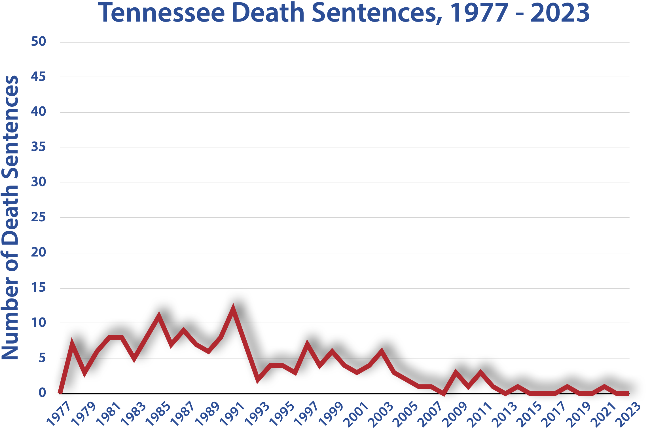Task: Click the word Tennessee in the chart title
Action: pyautogui.click(x=161, y=13)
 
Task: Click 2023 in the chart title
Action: pyautogui.click(x=560, y=13)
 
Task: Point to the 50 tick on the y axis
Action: pyautogui.click(x=39, y=41)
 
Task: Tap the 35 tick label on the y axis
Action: pyautogui.click(x=39, y=147)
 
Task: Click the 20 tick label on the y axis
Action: pyautogui.click(x=39, y=252)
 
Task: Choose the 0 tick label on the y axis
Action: pyautogui.click(x=42, y=393)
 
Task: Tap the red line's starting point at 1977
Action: pyautogui.click(x=60, y=393)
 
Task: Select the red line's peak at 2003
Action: pyautogui.click(x=382, y=351)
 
